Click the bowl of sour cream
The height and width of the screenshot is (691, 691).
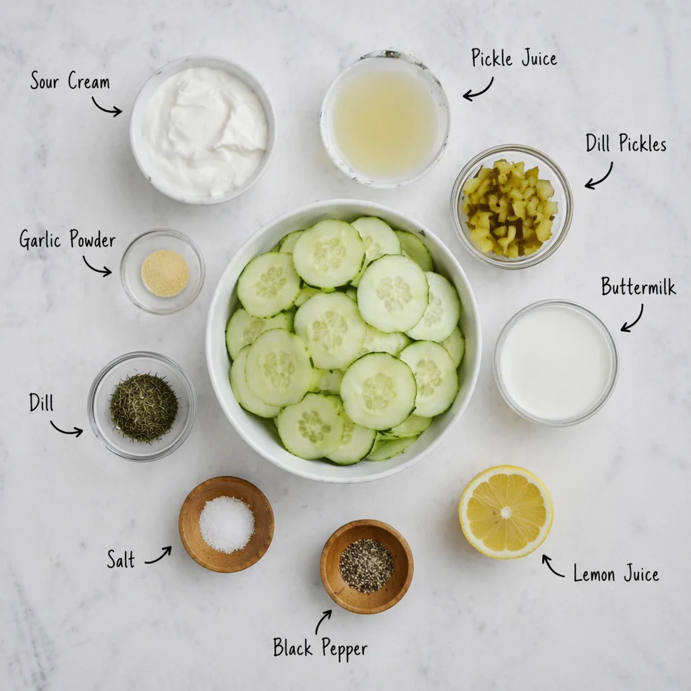pyautogui.click(x=202, y=130)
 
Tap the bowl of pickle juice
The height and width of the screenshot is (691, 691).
pyautogui.click(x=385, y=119)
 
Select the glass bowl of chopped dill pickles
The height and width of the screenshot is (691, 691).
pyautogui.click(x=512, y=206)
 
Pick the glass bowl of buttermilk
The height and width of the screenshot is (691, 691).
pyautogui.click(x=556, y=363)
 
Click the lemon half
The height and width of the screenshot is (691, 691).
pyautogui.click(x=506, y=512)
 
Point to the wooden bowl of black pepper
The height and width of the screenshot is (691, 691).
pyautogui.click(x=366, y=566)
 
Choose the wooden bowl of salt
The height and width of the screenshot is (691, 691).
pyautogui.click(x=227, y=524)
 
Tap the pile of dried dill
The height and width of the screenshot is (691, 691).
pyautogui.click(x=144, y=407)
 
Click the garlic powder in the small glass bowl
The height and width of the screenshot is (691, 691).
pyautogui.click(x=165, y=273)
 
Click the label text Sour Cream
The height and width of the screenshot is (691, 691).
pyautogui.click(x=70, y=81)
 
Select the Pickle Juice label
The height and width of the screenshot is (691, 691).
pyautogui.click(x=514, y=58)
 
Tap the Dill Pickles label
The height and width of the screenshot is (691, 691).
pyautogui.click(x=626, y=143)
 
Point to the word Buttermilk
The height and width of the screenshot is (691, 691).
pyautogui.click(x=638, y=286)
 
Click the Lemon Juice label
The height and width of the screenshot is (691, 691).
pyautogui.click(x=616, y=574)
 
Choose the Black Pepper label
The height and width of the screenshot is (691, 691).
pyautogui.click(x=321, y=648)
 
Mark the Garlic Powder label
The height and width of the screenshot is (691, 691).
pyautogui.click(x=67, y=240)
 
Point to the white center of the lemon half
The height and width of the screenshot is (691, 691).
pyautogui.click(x=506, y=513)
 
